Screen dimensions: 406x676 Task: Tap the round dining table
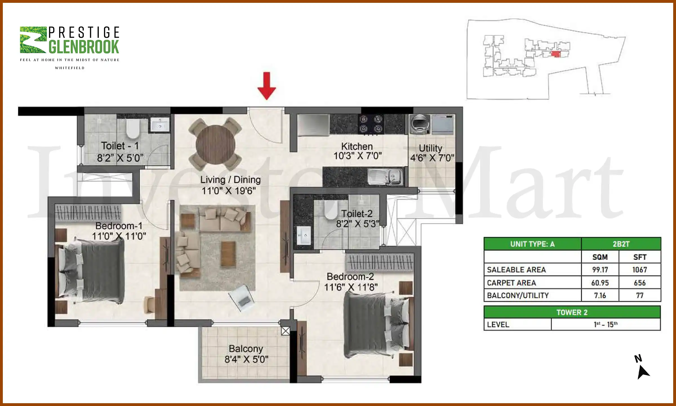(215, 144)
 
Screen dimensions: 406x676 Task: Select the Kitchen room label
(357, 146)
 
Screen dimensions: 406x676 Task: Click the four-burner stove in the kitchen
(371, 124)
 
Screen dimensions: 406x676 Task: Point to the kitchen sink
(385, 177)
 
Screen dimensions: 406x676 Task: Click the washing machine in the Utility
(420, 124)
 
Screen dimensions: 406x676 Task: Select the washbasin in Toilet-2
(304, 235)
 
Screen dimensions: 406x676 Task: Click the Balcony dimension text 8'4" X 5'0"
(246, 359)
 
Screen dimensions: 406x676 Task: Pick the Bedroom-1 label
(119, 226)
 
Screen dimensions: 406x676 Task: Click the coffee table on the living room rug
(228, 254)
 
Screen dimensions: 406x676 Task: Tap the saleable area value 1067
(639, 270)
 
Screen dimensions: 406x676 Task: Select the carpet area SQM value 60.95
(600, 283)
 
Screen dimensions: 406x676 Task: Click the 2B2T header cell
(621, 244)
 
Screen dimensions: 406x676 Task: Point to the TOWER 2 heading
(572, 312)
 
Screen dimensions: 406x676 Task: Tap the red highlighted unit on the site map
(555, 54)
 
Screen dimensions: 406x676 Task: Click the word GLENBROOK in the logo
(84, 47)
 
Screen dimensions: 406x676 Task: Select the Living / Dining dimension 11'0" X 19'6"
(228, 191)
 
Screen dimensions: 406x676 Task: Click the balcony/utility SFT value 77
(639, 295)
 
